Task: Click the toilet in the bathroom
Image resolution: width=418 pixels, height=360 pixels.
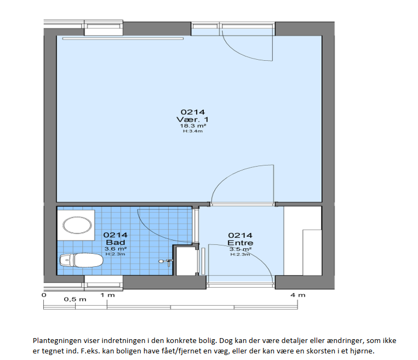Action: click(81, 260)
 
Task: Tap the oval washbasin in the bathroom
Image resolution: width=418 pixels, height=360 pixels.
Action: click(77, 225)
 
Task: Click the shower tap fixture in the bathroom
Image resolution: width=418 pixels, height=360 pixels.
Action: click(166, 262)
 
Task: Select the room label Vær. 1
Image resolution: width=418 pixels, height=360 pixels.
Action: click(192, 119)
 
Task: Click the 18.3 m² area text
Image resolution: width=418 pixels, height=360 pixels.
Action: click(193, 126)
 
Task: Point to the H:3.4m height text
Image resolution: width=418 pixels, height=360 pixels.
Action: click(193, 131)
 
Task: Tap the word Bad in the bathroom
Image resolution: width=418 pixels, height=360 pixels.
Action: click(116, 242)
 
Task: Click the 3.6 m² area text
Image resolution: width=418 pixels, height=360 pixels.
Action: click(116, 249)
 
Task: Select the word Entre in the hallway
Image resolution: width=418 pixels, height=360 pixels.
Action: click(240, 243)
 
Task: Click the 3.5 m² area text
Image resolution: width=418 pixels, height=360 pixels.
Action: click(241, 249)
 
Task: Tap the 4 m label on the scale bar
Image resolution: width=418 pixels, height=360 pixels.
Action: click(298, 295)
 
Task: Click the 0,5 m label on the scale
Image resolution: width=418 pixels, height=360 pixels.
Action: click(75, 300)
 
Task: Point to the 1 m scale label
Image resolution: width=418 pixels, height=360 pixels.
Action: click(107, 295)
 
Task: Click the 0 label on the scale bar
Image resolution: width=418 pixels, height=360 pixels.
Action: click(44, 295)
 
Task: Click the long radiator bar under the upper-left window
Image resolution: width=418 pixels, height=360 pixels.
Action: click(123, 38)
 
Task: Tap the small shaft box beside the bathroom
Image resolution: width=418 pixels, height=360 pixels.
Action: click(186, 260)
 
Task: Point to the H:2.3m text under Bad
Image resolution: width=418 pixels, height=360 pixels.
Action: click(116, 254)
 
